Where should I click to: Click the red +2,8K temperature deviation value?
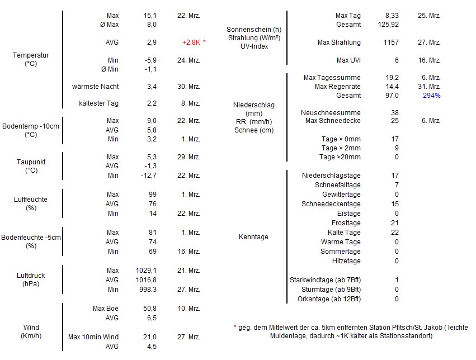coord(192,42)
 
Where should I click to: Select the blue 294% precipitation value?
coord(431,96)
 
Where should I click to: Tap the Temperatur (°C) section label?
coord(31,60)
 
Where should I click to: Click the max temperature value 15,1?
coord(149,15)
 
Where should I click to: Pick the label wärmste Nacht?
coord(95,87)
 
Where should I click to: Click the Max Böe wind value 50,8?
coord(149,309)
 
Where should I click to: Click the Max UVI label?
coord(348,60)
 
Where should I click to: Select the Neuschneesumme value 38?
coord(395,113)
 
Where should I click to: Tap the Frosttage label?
coord(346,223)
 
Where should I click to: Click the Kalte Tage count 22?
coord(395,233)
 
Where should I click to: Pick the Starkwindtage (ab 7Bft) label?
coord(325,280)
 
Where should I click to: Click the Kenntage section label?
coord(253,237)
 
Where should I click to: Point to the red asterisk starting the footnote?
coord(235,328)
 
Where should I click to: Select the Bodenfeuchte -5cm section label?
coord(31,241)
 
